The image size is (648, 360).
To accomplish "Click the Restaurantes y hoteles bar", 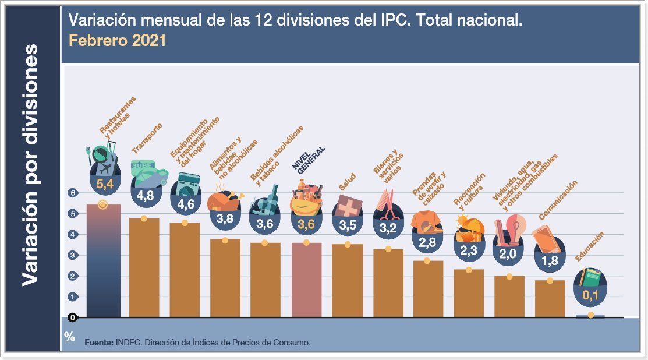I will coord(103,262).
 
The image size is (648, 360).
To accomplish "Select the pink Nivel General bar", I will coord(306,280).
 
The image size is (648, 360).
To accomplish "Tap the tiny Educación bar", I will coord(590,316).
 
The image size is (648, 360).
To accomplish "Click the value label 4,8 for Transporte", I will coord(145,196).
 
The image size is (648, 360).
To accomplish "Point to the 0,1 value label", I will coord(590,295).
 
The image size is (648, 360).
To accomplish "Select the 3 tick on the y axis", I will coord(73,255).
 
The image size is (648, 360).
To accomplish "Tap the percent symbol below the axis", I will coord(70,336).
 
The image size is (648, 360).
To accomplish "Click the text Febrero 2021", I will coord(117,41).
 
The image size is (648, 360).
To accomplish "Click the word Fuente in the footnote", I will coord(98,343).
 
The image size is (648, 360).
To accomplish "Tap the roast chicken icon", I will coord(225,200).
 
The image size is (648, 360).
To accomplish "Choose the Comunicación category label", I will coord(558,200).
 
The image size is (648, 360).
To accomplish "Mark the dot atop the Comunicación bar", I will coord(550,280).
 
